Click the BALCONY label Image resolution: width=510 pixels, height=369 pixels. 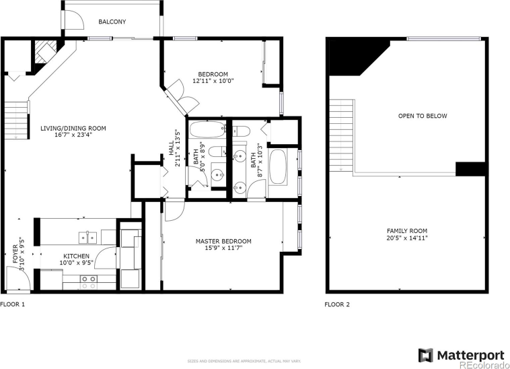[112, 22]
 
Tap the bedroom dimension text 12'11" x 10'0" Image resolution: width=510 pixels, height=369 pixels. [213, 81]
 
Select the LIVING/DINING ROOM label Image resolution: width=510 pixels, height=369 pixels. [73, 128]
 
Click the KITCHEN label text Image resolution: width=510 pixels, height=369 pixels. [77, 256]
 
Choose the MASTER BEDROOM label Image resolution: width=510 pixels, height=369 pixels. [223, 241]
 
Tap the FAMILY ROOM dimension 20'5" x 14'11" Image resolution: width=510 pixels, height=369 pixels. [407, 238]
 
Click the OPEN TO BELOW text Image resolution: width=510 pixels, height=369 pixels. [422, 116]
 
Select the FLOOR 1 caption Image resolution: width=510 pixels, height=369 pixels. [13, 304]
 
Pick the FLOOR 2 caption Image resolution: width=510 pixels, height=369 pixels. [337, 304]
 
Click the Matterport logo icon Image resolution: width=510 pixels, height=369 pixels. [426, 354]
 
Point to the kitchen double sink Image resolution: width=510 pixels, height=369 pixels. [87, 236]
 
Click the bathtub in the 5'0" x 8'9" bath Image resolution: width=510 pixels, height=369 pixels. [209, 129]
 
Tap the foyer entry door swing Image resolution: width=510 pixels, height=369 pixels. [15, 277]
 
